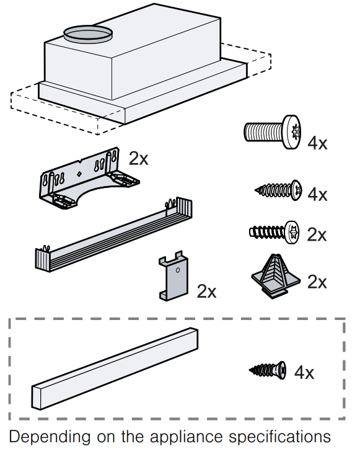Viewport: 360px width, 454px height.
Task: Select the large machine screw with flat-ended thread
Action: [x=271, y=131]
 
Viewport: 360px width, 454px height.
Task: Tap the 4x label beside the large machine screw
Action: [x=317, y=143]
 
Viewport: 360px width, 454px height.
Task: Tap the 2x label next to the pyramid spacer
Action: [x=317, y=282]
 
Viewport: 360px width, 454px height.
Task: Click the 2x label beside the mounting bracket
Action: [x=139, y=158]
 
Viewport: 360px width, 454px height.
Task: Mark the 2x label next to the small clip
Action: [x=206, y=291]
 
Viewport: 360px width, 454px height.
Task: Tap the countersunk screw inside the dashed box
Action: [x=268, y=370]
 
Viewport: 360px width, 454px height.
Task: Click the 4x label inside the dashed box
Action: [x=304, y=373]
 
